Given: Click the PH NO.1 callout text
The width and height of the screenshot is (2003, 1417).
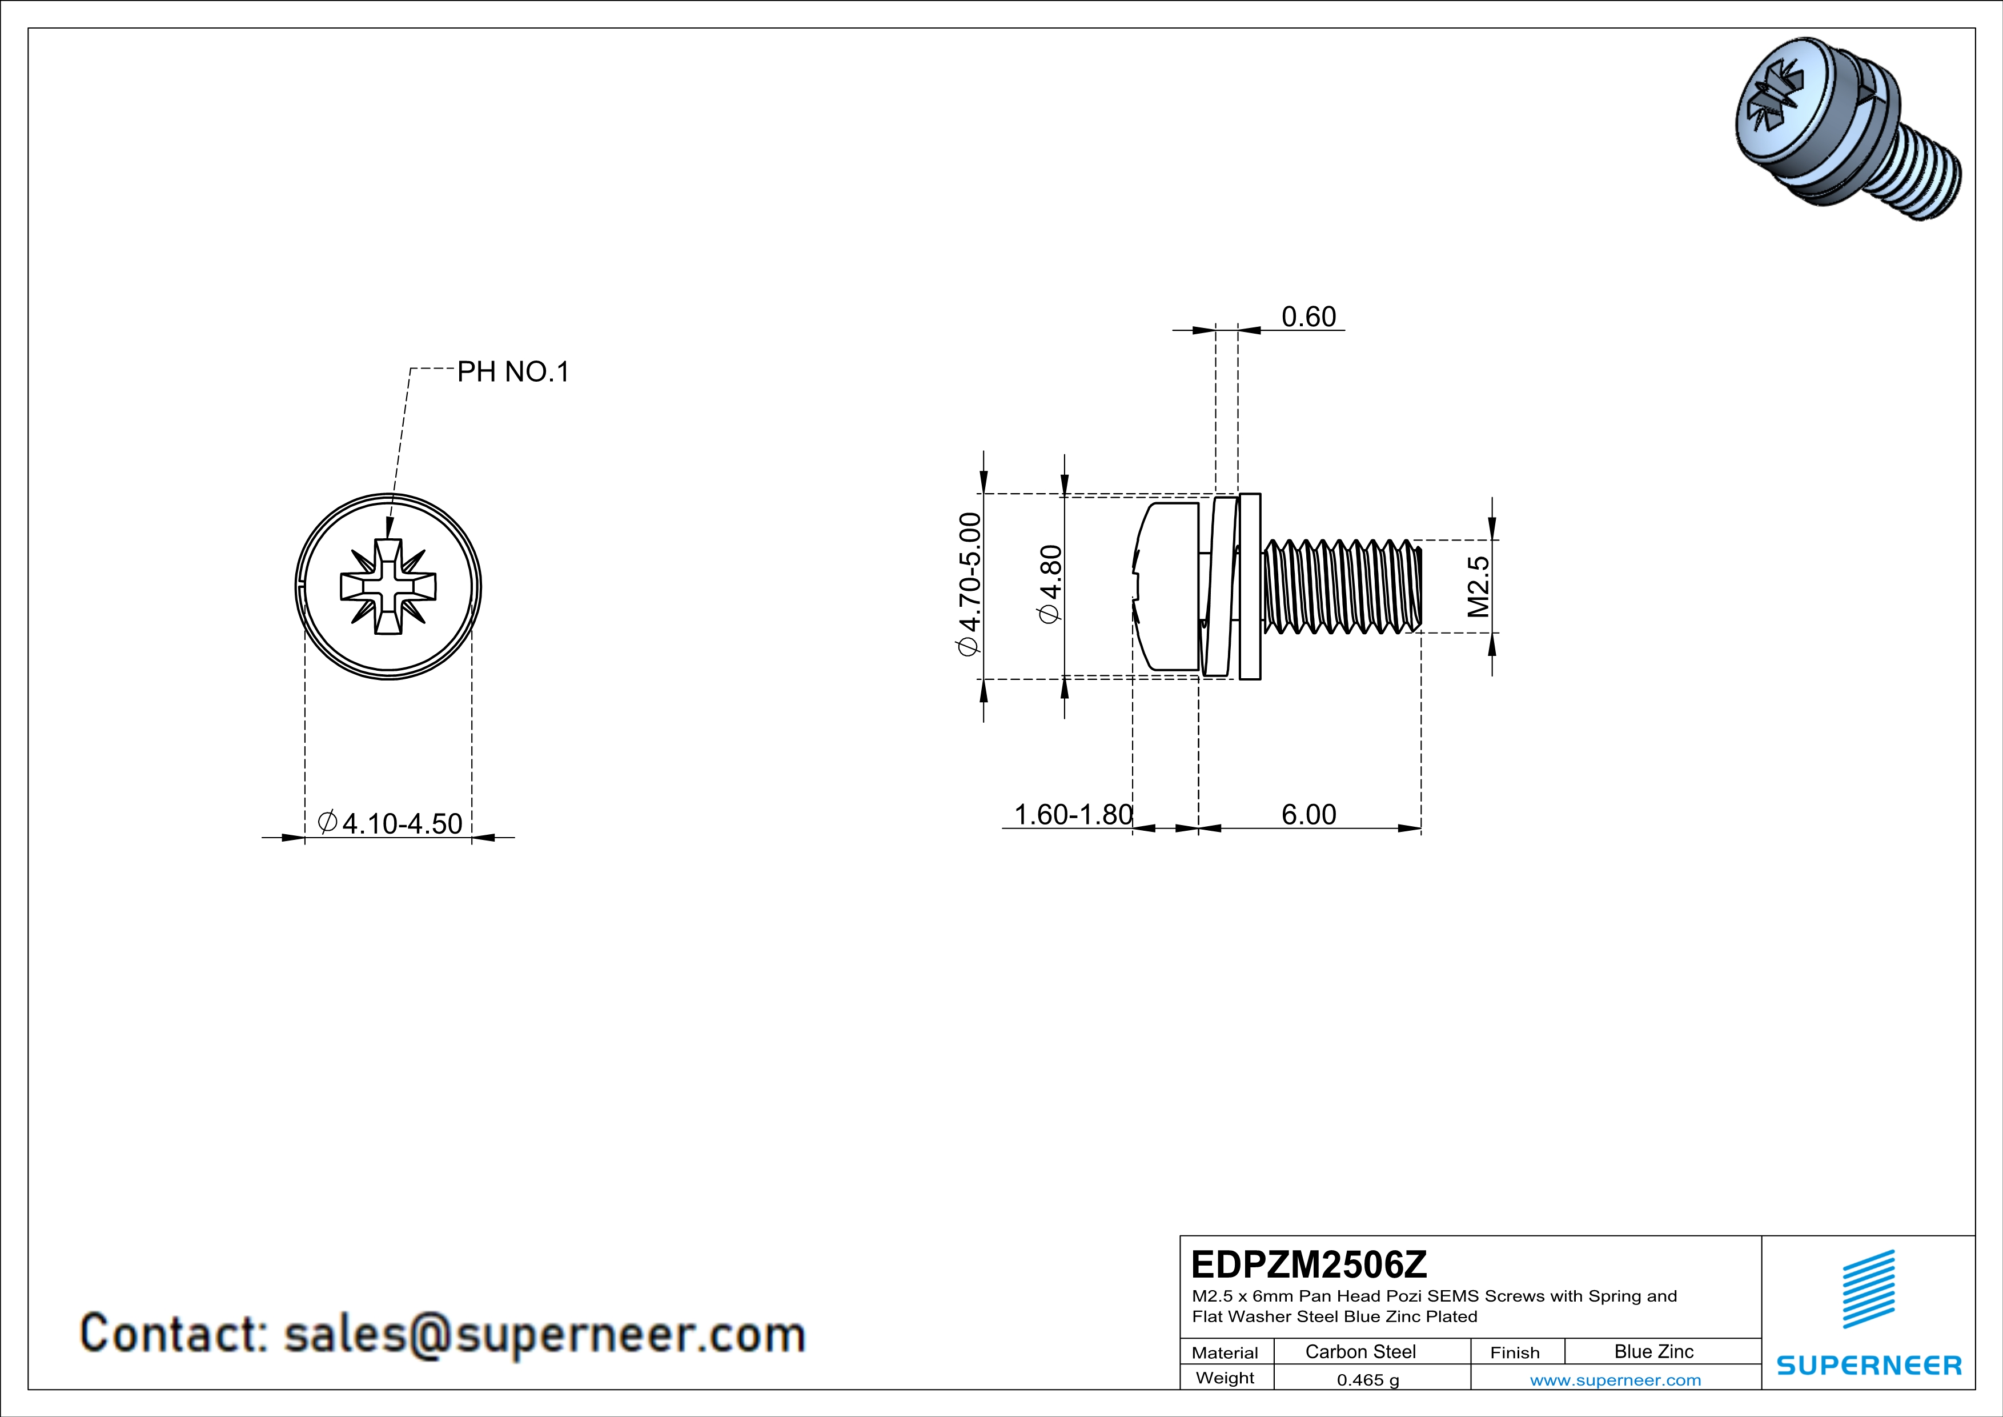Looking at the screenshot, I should pyautogui.click(x=513, y=373).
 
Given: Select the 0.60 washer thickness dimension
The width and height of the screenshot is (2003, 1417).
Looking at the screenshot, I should pyautogui.click(x=1308, y=317).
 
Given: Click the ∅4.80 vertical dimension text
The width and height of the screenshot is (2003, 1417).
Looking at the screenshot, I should pyautogui.click(x=1050, y=584).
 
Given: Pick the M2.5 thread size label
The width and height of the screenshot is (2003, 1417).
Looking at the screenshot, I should pyautogui.click(x=1478, y=586).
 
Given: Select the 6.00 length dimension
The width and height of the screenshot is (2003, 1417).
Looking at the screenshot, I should pyautogui.click(x=1308, y=814).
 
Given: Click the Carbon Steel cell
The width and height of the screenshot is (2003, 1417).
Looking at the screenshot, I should pyautogui.click(x=1360, y=1351).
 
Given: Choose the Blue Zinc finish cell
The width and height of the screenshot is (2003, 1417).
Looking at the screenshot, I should pyautogui.click(x=1653, y=1351).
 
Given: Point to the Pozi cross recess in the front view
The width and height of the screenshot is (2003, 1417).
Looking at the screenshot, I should pyautogui.click(x=387, y=586).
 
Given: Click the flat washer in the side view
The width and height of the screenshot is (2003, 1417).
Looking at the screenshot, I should pyautogui.click(x=1249, y=586).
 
